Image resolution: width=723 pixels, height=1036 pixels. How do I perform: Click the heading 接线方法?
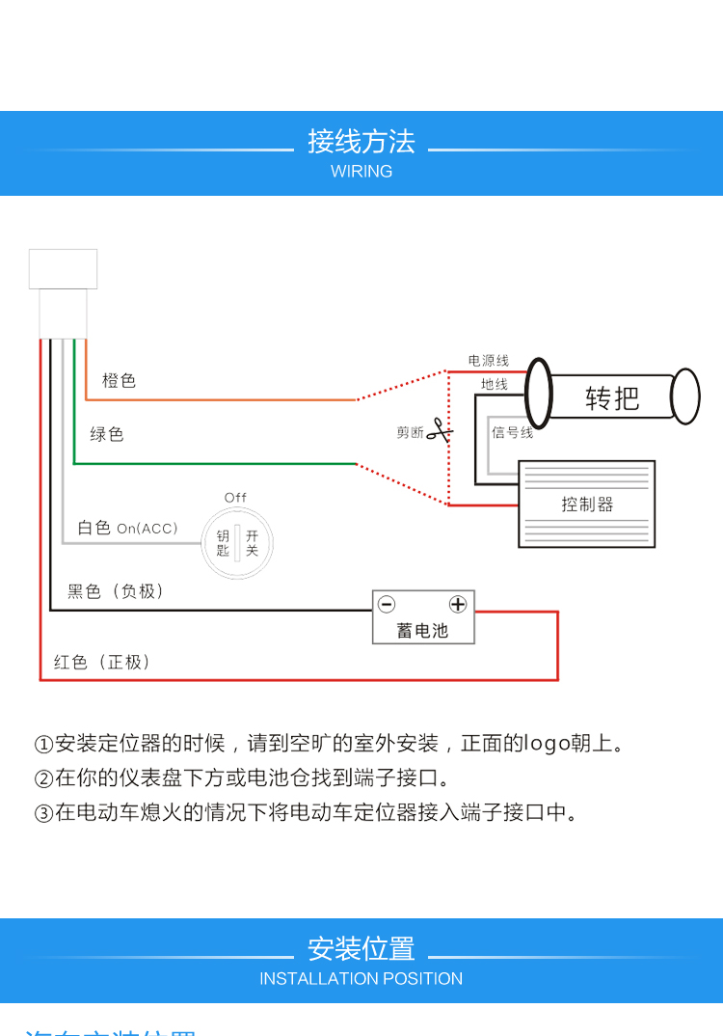click(x=361, y=142)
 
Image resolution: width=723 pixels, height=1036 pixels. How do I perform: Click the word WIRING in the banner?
click(x=361, y=172)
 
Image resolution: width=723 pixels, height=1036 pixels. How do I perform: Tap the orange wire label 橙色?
click(x=119, y=381)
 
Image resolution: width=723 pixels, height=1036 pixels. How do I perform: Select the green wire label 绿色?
click(x=107, y=434)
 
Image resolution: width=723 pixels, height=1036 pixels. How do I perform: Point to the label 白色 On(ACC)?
click(x=127, y=528)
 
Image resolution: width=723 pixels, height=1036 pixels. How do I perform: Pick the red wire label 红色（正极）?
click(x=102, y=662)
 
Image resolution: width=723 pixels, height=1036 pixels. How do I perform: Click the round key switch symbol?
click(x=237, y=543)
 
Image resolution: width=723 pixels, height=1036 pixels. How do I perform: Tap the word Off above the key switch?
click(x=236, y=498)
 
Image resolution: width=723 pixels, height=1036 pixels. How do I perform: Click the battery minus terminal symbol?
click(x=387, y=605)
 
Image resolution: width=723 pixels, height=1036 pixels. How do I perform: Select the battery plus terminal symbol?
click(x=458, y=605)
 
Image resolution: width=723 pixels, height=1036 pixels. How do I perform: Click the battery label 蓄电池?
click(x=423, y=631)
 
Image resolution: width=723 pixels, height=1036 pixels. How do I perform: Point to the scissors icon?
click(x=440, y=431)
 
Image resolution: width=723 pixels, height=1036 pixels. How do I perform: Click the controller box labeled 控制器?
click(x=587, y=504)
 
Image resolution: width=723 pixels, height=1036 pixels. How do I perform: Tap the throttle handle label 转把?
click(x=612, y=397)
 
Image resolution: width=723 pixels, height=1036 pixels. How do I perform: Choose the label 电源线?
click(x=489, y=361)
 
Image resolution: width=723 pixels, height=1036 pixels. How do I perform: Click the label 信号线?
click(x=512, y=432)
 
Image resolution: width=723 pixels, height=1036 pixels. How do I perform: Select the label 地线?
click(x=495, y=384)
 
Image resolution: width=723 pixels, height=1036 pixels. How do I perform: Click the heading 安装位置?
click(x=361, y=949)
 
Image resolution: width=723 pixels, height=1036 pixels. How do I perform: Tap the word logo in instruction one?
click(x=550, y=744)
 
